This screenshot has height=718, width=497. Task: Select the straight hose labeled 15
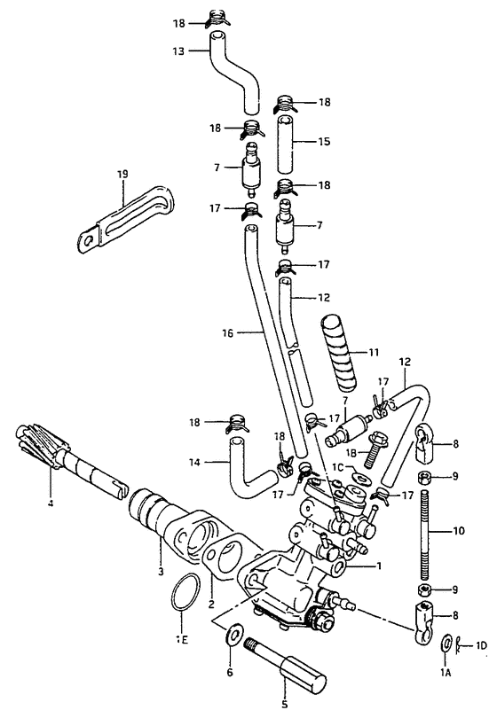[284, 144]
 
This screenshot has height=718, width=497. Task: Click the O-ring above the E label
[185, 591]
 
